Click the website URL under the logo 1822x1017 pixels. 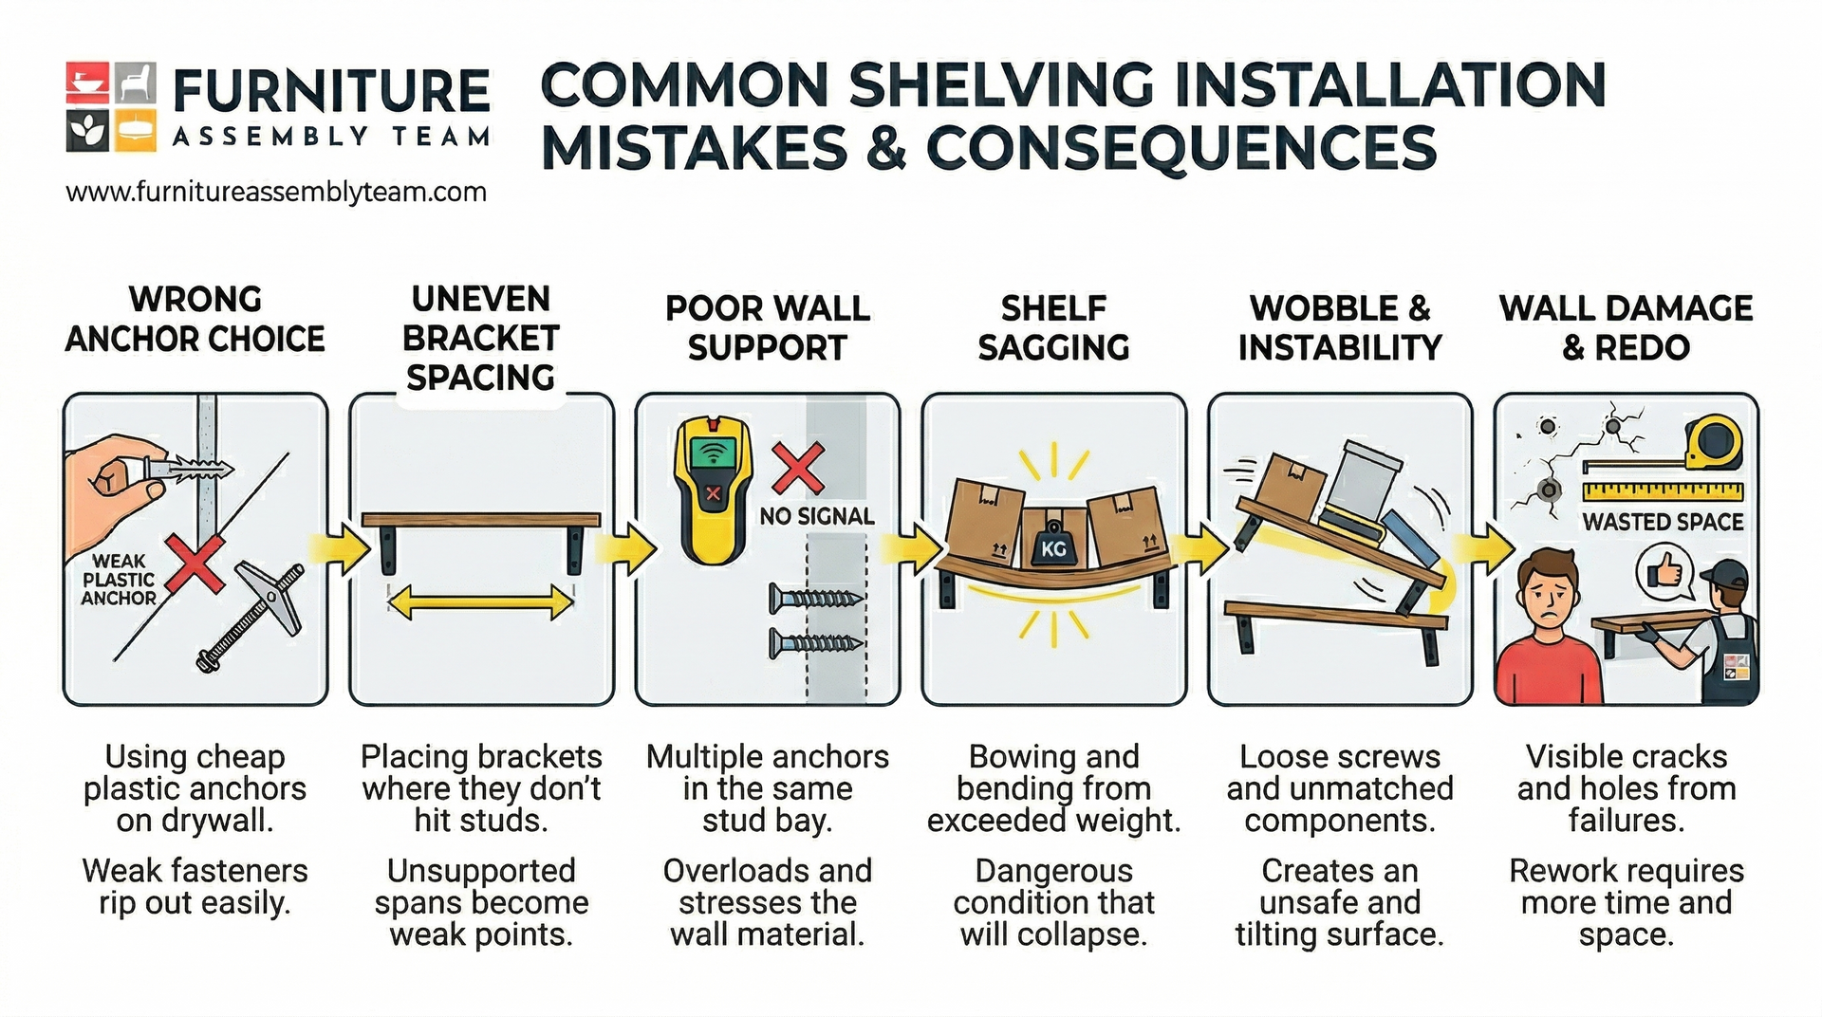[276, 193]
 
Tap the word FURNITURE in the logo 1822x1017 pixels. [331, 92]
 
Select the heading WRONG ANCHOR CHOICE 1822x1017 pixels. [195, 320]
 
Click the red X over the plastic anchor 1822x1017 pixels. [195, 563]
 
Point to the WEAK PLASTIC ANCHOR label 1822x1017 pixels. [119, 580]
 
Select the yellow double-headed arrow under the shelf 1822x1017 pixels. [481, 602]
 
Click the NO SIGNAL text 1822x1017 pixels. [816, 517]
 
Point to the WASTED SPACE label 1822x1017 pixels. [1663, 522]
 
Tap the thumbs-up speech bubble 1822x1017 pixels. [1664, 573]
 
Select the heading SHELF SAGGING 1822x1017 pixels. [1053, 328]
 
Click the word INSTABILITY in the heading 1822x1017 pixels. [1339, 348]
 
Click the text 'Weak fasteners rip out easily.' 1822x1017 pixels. [195, 886]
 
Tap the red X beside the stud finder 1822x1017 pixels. [798, 468]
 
